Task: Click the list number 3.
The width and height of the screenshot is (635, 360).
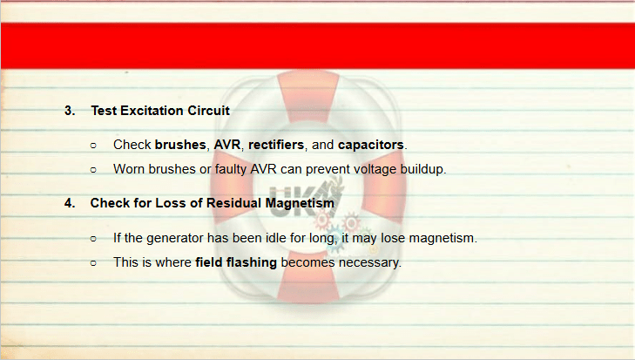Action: click(x=70, y=111)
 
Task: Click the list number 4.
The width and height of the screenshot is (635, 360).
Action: click(x=70, y=203)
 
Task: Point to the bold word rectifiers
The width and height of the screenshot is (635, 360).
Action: click(x=276, y=145)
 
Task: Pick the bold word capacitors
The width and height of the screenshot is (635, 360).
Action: click(x=371, y=145)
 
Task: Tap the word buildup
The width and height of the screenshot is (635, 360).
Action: click(x=422, y=169)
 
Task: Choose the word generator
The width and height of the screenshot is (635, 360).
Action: click(x=175, y=238)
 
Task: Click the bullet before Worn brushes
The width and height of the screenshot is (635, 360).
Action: click(x=93, y=170)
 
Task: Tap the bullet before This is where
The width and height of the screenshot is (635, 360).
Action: click(x=93, y=263)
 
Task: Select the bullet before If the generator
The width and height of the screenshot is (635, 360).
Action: click(x=93, y=239)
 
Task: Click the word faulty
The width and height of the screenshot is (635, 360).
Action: click(x=231, y=169)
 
